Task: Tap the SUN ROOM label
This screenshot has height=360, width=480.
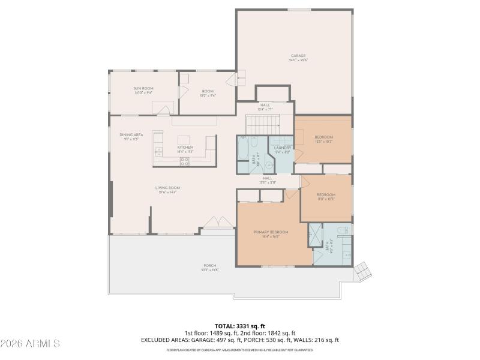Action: tap(143, 89)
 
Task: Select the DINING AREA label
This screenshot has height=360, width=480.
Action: tap(131, 135)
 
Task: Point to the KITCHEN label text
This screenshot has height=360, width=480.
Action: tap(185, 148)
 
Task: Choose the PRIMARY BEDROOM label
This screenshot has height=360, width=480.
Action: tap(271, 232)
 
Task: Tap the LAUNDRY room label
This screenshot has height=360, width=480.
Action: tap(282, 148)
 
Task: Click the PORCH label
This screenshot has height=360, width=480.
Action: tap(209, 266)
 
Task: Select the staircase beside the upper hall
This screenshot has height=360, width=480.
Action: tap(264, 126)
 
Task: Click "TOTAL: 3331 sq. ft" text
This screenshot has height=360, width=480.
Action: tap(239, 326)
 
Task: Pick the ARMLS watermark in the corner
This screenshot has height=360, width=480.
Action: tap(31, 344)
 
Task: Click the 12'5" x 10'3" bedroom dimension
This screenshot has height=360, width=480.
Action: tap(323, 142)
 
